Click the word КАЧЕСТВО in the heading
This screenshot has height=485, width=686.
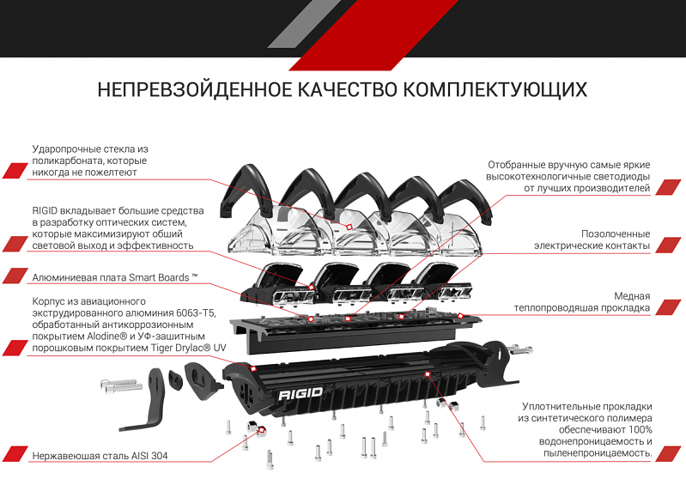point(346,90)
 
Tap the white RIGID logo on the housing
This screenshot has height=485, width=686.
point(300,396)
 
